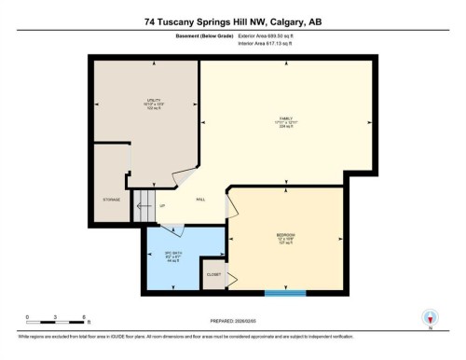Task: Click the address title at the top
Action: pyautogui.click(x=233, y=21)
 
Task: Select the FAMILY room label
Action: pyautogui.click(x=286, y=119)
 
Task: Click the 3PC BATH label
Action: pyautogui.click(x=171, y=255)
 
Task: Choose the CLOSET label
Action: pyautogui.click(x=213, y=275)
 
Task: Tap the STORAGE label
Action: pyautogui.click(x=111, y=200)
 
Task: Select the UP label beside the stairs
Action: pyautogui.click(x=162, y=205)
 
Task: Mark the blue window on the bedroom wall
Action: pyautogui.click(x=286, y=294)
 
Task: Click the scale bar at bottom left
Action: pyautogui.click(x=56, y=323)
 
